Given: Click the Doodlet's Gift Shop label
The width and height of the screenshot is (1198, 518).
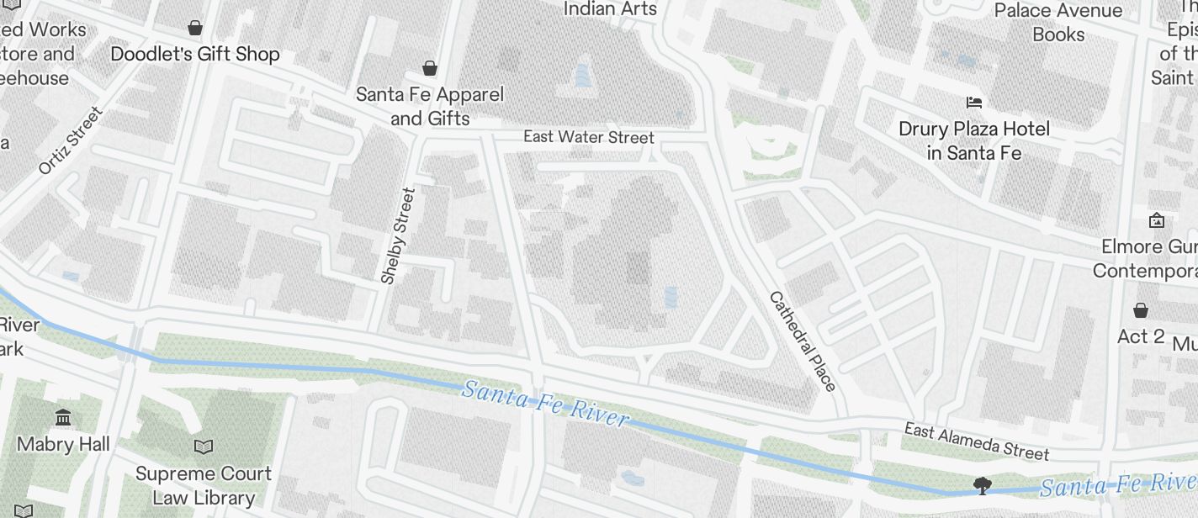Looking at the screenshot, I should (195, 54).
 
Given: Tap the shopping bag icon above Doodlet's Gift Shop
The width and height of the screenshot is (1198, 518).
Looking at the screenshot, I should (195, 28).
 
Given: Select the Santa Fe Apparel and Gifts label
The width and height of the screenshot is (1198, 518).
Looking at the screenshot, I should (430, 106).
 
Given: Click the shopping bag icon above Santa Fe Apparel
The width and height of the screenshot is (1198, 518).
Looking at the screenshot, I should (430, 68).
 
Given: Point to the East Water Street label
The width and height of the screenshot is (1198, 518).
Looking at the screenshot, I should (588, 136).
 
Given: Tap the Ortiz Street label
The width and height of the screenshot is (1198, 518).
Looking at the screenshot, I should (70, 140).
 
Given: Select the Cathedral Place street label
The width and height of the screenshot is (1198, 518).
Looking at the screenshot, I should (803, 341).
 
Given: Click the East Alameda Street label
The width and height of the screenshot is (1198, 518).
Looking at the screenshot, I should (976, 441).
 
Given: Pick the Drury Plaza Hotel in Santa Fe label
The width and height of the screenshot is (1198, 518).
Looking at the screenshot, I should (974, 140).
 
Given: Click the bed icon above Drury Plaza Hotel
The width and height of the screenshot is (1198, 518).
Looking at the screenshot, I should (974, 103).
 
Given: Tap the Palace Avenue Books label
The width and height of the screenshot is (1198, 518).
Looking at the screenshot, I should (1058, 23).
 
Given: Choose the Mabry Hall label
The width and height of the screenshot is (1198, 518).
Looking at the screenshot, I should (63, 444).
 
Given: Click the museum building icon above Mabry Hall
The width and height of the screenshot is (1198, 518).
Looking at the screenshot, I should (63, 418).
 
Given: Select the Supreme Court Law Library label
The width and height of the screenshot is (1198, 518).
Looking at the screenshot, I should (204, 485).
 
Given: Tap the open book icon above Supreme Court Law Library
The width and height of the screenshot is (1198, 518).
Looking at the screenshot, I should (204, 447).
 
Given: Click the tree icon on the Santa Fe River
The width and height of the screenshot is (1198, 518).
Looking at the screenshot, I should (981, 484).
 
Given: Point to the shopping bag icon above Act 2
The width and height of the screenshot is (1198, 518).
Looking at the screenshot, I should (1140, 310).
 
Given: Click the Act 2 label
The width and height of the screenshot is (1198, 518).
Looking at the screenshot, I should (1140, 336).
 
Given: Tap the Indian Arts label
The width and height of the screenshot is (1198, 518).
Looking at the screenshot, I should (610, 8).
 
